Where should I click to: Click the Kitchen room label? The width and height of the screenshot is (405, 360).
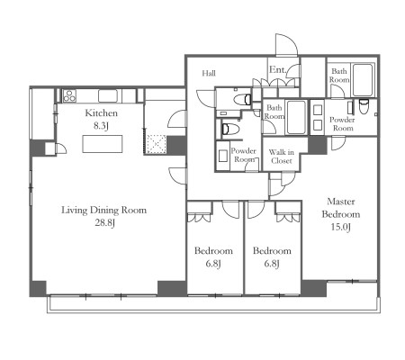coord(101,113)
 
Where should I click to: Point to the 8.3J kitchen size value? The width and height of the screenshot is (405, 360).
coord(101,126)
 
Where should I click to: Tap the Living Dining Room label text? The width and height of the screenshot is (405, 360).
coord(103,210)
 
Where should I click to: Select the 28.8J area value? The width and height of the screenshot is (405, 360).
coord(105,223)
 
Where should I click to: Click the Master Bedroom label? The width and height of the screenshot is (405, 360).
coord(341,208)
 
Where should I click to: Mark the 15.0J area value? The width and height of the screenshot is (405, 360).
coord(341,227)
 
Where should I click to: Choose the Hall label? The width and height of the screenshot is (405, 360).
coord(209,73)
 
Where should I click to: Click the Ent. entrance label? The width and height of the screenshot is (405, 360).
coord(277,69)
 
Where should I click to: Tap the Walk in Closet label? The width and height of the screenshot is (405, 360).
coord(281,157)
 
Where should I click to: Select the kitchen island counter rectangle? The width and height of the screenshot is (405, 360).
coord(103,144)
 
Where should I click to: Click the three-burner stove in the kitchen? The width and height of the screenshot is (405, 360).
coord(69,95)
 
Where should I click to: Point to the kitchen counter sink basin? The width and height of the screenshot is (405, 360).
coord(108,96)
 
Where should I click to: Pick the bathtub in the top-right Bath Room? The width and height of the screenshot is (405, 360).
coord(363,80)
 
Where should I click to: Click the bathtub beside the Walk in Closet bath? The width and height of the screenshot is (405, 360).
coord(296,117)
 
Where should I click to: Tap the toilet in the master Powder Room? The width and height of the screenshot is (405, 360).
coord(364,106)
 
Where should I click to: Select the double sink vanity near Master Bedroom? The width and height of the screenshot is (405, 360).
coord(318,118)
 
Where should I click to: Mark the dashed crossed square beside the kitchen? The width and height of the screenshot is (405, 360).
coord(157,144)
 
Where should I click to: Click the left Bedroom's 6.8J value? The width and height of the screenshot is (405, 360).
coord(213,264)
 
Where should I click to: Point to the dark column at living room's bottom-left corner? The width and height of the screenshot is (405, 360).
coord(38,288)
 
